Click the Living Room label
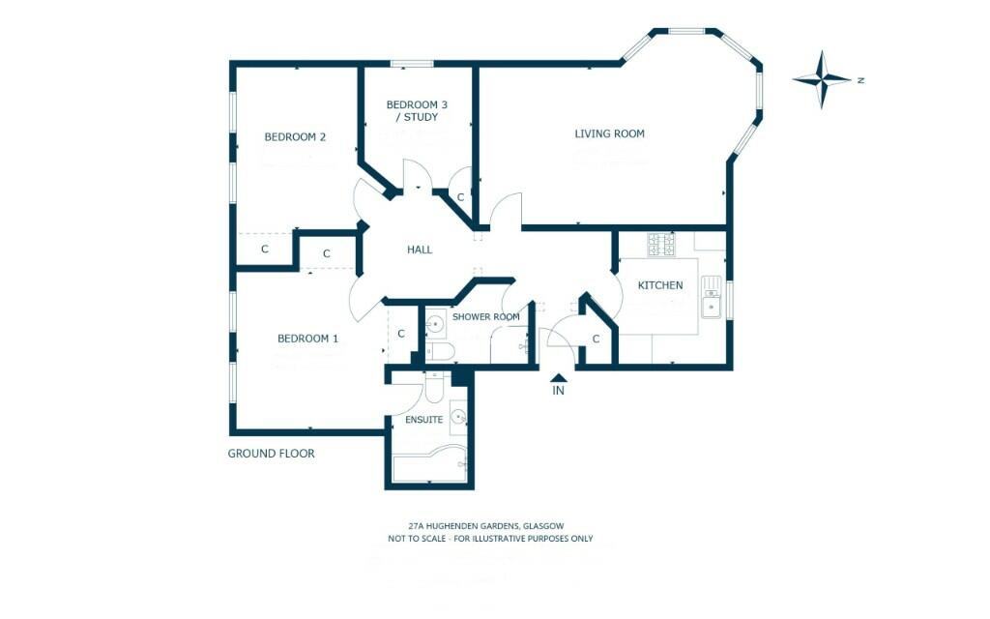pyautogui.click(x=609, y=133)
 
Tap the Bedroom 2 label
pyautogui.click(x=295, y=137)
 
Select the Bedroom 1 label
pyautogui.click(x=307, y=339)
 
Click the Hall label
pyautogui.click(x=420, y=250)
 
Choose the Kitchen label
pyautogui.click(x=660, y=285)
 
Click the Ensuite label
pyautogui.click(x=424, y=420)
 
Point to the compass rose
pyautogui.click(x=823, y=80)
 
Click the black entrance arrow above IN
pyautogui.click(x=558, y=377)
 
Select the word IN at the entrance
pyautogui.click(x=558, y=392)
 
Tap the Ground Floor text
pyautogui.click(x=271, y=453)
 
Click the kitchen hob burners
pyautogui.click(x=662, y=245)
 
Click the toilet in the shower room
pyautogui.click(x=440, y=349)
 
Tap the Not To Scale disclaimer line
pyautogui.click(x=490, y=539)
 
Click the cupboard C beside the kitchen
pyautogui.click(x=596, y=339)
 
